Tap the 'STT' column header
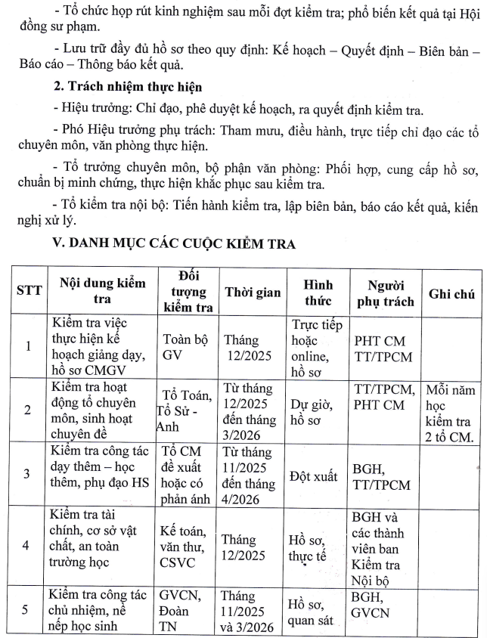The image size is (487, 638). tap(28, 291)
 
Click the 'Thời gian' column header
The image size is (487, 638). tap(253, 293)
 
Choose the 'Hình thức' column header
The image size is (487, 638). tap(313, 292)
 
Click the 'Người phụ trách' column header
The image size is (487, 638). tap(384, 293)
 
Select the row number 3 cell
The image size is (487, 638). tap(28, 474)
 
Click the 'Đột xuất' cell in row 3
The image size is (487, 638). tap(312, 475)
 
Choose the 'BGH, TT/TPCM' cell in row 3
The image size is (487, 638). tap(383, 475)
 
